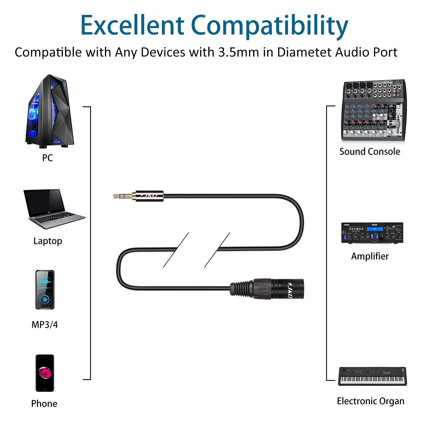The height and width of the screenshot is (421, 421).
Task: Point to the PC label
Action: pyautogui.click(x=47, y=158)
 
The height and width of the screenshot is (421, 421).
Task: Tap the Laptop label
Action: pyautogui.click(x=48, y=241)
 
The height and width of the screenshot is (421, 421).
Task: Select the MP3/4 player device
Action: pyautogui.click(x=45, y=290)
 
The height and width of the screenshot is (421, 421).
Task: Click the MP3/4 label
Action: pyautogui.click(x=45, y=325)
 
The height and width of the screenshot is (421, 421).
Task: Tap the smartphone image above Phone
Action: pyautogui.click(x=45, y=373)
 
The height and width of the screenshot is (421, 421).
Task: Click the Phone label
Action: pyautogui.click(x=44, y=404)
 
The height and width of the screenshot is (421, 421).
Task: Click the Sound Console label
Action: pyautogui.click(x=370, y=152)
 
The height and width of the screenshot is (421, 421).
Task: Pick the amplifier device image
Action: pyautogui.click(x=372, y=233)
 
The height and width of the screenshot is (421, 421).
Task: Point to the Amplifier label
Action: pyautogui.click(x=370, y=256)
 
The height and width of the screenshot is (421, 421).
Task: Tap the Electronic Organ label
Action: pyautogui.click(x=370, y=401)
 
